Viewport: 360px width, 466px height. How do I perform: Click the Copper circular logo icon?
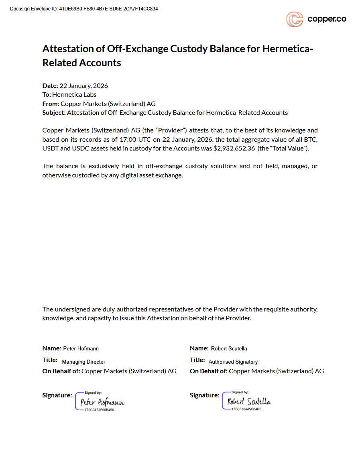294,19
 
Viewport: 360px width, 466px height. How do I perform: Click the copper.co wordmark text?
327,19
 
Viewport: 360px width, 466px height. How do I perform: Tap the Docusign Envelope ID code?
108,9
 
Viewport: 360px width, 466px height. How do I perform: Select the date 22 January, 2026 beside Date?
83,85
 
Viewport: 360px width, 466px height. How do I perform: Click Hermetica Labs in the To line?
74,95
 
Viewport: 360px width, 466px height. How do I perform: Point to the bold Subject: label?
54,112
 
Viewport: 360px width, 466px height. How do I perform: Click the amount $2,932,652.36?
234,148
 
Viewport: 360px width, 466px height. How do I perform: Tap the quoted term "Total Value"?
290,148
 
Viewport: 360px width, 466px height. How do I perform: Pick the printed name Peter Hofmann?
81,348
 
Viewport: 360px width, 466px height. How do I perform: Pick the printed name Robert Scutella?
229,348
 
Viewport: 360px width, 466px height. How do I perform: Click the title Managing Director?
83,362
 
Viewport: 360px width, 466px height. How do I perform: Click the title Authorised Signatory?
233,362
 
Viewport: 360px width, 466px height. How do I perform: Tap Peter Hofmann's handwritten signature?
102,402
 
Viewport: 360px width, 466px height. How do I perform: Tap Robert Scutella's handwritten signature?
249,401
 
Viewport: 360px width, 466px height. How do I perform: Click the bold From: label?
51,104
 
